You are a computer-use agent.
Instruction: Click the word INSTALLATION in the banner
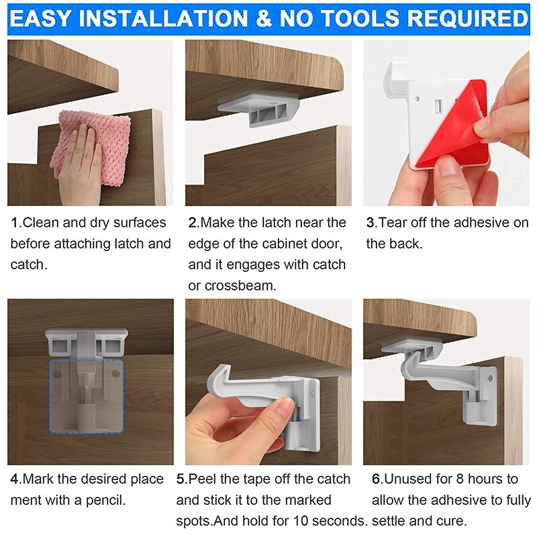(163, 19)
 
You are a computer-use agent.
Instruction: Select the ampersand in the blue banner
(263, 19)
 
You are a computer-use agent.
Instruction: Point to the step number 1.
(14, 223)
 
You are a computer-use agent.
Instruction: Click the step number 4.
(14, 479)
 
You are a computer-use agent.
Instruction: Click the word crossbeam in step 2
(240, 286)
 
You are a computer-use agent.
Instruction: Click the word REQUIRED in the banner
(467, 19)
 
